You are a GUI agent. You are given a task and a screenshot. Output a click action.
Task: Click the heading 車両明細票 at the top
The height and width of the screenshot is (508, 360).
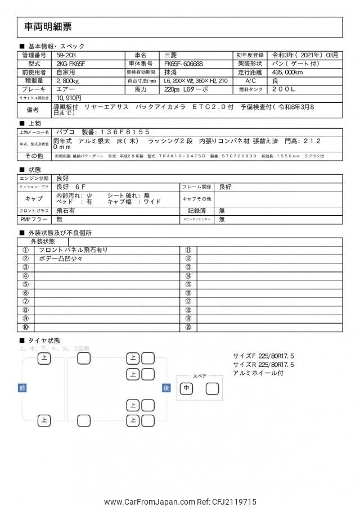48,27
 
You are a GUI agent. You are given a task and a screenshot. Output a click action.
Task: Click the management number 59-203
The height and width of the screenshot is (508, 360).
66,55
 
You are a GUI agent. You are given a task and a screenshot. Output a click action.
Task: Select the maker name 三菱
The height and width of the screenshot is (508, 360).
170,55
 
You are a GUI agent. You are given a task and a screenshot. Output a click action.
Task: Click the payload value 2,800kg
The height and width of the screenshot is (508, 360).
68,81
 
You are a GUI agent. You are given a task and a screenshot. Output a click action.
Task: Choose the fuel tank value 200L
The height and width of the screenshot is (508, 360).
284,89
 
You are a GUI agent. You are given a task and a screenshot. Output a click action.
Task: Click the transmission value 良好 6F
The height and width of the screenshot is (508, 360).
71,187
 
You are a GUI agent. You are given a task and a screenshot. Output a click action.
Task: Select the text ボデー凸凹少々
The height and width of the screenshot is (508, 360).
61,258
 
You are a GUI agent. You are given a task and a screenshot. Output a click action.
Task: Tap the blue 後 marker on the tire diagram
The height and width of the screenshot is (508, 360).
166,388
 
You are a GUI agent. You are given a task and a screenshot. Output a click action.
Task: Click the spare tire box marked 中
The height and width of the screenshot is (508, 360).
186,388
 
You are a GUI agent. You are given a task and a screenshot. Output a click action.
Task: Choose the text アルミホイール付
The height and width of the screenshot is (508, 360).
258,373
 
